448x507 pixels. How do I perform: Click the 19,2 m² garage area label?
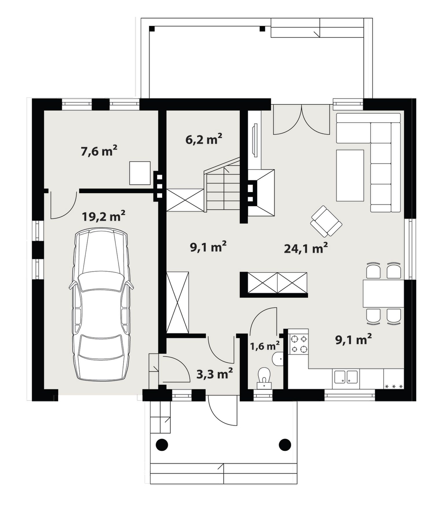pyautogui.click(x=103, y=216)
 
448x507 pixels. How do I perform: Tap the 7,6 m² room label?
pyautogui.click(x=99, y=151)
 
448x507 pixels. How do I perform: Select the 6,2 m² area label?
pyautogui.click(x=204, y=139)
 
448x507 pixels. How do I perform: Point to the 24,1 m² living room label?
pyautogui.click(x=306, y=248)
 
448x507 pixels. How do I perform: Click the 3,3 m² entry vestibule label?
pyautogui.click(x=215, y=374)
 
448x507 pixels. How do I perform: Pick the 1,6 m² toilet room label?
pyautogui.click(x=265, y=346)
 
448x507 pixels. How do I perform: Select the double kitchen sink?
pyautogui.click(x=346, y=377)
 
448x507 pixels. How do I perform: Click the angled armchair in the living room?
pyautogui.click(x=326, y=221)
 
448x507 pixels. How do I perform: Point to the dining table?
pyautogui.click(x=383, y=293)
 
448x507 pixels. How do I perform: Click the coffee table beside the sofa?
pyautogui.click(x=350, y=175)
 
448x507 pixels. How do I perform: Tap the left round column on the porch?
pyautogui.click(x=162, y=445)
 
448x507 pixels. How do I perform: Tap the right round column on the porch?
pyautogui.click(x=285, y=445)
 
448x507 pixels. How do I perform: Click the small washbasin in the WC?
pyautogui.click(x=278, y=359)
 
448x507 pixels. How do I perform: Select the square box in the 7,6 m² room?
pyautogui.click(x=140, y=173)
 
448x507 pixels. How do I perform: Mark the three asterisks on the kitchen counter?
pyautogui.click(x=394, y=386)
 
